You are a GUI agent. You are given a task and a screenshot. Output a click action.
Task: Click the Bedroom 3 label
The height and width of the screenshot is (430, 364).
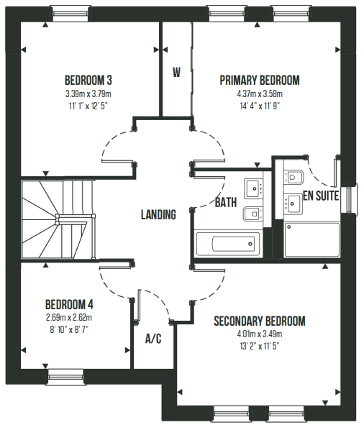[88, 81]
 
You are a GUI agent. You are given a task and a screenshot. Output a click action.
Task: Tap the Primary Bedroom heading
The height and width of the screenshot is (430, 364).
[260, 81]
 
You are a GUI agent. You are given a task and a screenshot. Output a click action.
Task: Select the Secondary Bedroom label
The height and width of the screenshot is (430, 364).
[260, 321]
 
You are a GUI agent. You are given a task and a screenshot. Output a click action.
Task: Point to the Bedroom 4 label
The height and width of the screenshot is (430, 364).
[69, 304]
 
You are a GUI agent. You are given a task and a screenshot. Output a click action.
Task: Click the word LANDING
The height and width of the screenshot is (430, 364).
[158, 214]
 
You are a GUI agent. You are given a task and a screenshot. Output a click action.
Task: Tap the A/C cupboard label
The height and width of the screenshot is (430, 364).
[153, 339]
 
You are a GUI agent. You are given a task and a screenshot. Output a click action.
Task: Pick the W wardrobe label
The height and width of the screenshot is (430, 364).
[177, 73]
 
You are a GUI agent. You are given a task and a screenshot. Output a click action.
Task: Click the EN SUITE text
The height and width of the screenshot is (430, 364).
[321, 196]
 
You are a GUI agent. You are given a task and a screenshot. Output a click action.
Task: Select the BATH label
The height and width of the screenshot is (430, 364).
[226, 202]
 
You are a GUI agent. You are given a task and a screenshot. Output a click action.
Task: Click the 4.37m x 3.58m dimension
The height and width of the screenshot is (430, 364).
[260, 94]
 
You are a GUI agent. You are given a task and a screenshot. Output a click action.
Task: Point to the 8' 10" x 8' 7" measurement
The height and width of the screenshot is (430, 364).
[69, 329]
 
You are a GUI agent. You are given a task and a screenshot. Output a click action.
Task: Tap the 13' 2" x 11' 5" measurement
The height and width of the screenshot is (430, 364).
[260, 346]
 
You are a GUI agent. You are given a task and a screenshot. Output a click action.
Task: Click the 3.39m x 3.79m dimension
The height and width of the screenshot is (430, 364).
[88, 94]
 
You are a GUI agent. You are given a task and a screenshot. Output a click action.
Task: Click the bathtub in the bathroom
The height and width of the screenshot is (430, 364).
[227, 244]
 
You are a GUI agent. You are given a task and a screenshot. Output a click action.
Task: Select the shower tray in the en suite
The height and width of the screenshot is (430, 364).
[312, 239]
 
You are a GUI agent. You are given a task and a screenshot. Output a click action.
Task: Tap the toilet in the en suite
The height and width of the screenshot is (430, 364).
[294, 177]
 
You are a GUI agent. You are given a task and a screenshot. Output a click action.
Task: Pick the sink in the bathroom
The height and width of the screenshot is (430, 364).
[254, 188]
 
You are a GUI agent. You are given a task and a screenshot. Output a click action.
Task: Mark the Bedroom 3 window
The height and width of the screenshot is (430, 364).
[70, 14]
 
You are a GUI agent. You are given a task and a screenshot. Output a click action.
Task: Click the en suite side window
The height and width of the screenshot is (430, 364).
[349, 199]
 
